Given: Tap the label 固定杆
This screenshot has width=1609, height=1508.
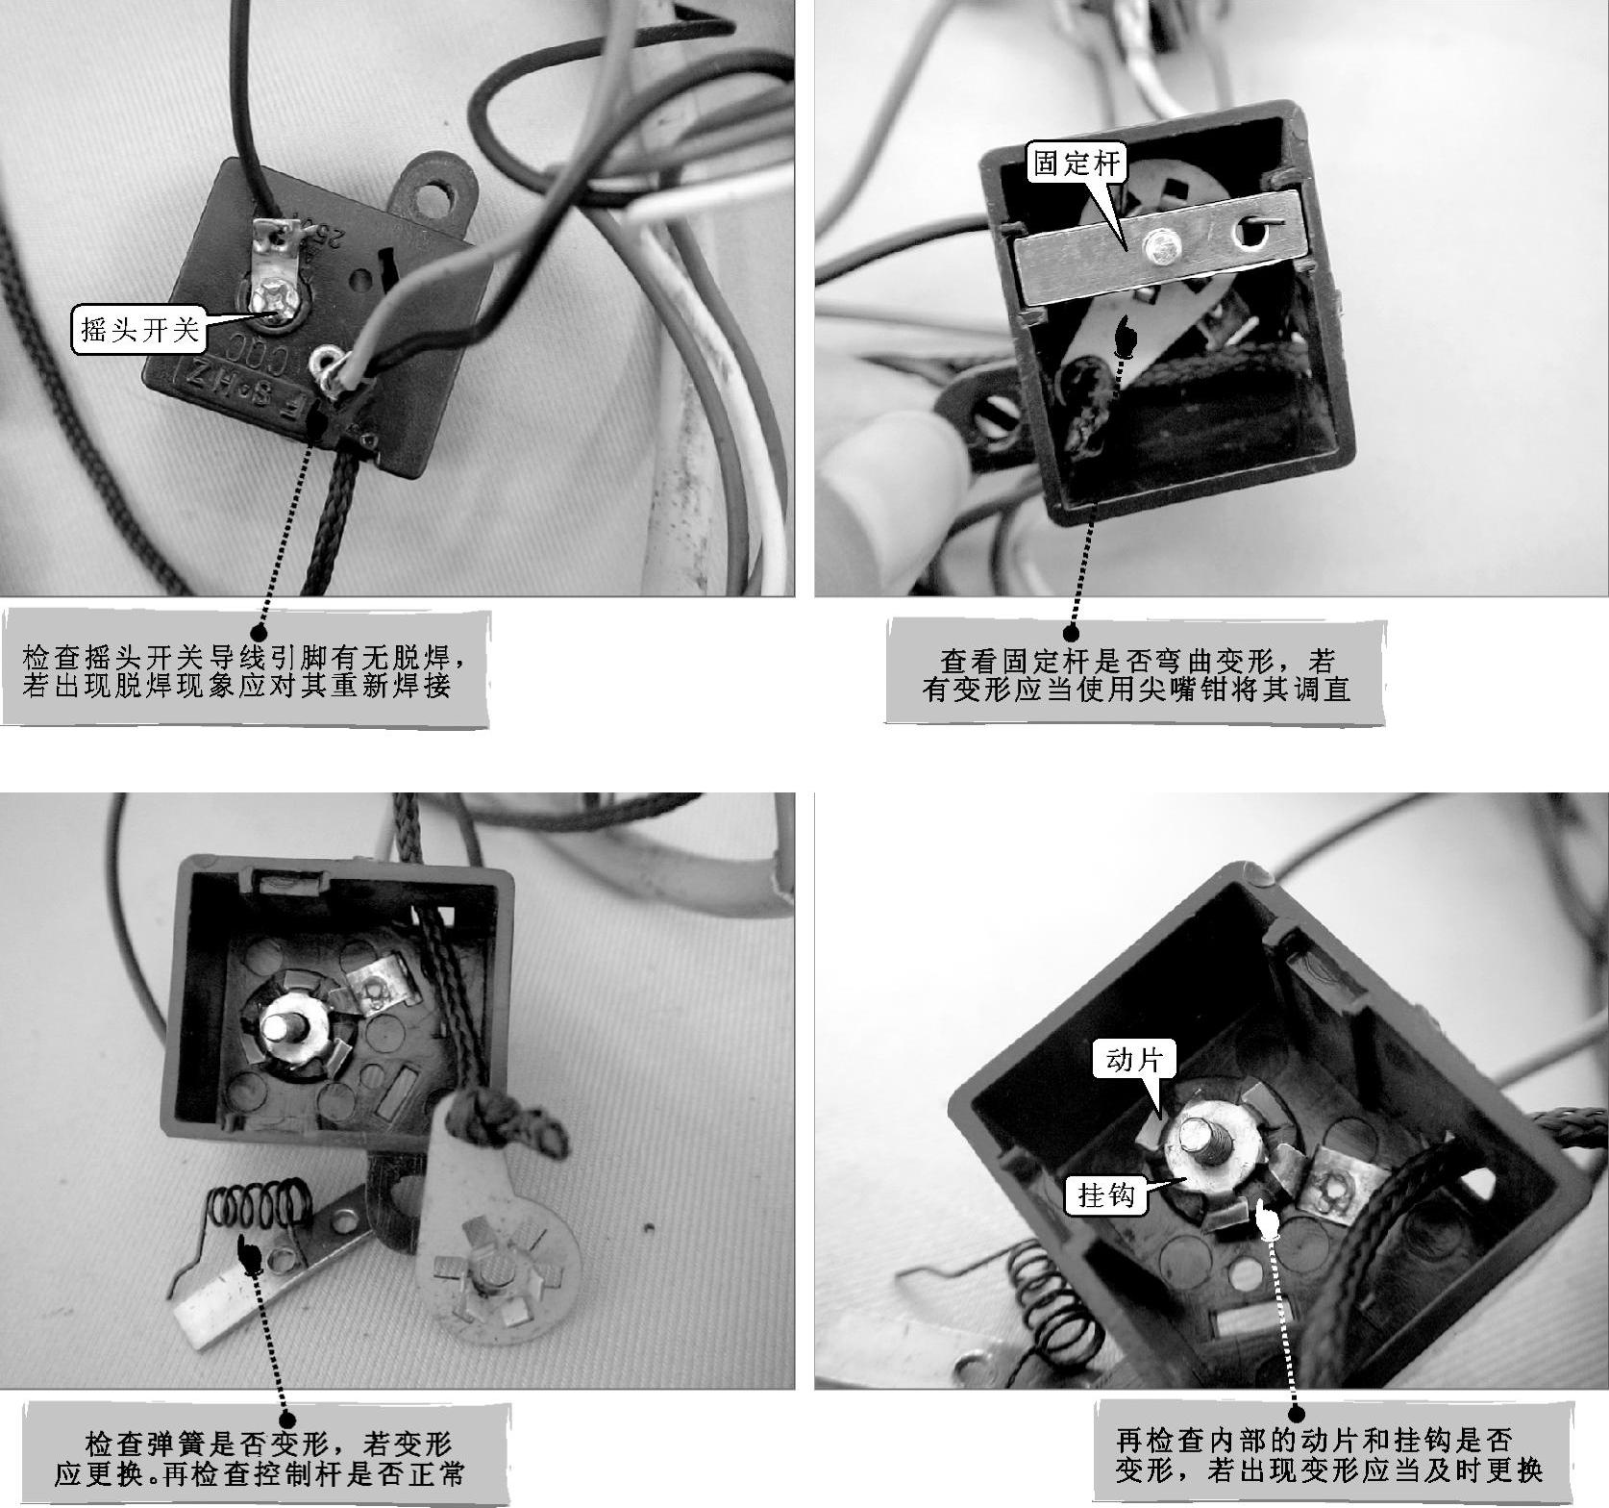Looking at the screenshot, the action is [x=1077, y=163].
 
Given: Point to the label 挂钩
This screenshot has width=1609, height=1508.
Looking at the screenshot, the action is [x=1106, y=1195].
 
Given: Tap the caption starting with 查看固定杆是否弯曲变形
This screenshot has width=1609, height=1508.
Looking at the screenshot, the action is [x=1136, y=675].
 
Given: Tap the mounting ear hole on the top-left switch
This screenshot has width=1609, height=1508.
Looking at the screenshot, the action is [x=445, y=201].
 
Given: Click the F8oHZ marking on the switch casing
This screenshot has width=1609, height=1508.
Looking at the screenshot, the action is [x=245, y=378].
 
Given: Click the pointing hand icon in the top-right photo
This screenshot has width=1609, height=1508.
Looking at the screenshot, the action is [x=1123, y=337].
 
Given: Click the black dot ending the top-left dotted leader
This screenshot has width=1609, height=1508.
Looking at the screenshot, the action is [x=260, y=631].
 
